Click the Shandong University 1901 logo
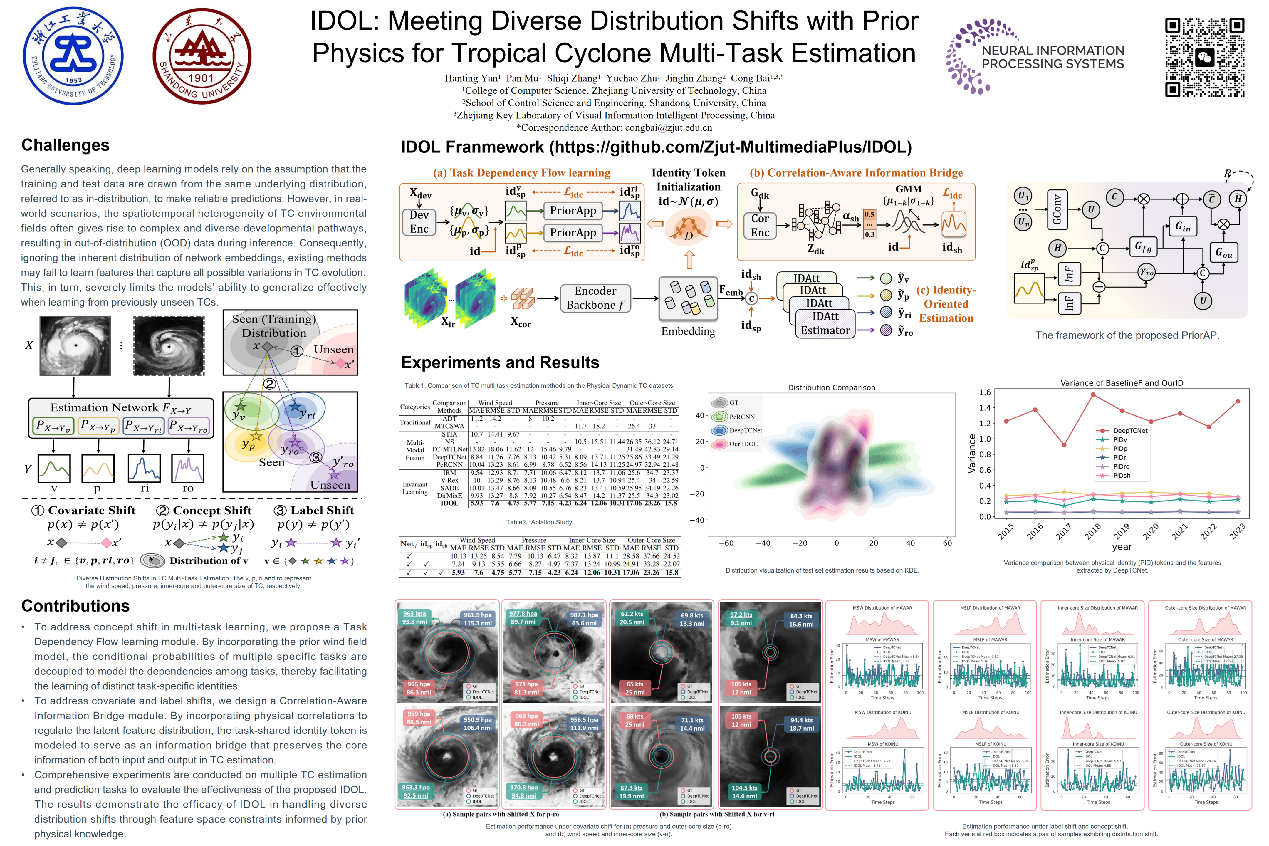point(202,56)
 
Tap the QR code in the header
point(1204,57)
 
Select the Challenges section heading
point(65,145)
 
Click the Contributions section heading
point(75,606)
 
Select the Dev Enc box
point(419,222)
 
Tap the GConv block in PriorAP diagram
point(1056,210)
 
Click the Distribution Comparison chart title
point(831,387)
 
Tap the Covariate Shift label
point(91,511)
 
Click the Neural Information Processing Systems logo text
point(1052,57)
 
